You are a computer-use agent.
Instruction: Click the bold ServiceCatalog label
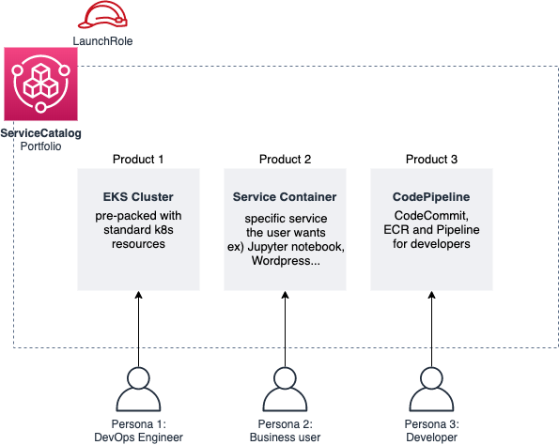41,133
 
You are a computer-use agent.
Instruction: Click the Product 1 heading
138,159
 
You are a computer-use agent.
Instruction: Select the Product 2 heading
285,159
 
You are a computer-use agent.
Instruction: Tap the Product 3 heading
431,159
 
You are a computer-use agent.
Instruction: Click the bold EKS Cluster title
138,197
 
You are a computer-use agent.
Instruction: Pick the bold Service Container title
285,197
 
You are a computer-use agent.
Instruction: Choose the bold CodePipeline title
431,197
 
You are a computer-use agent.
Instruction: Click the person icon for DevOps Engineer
138,386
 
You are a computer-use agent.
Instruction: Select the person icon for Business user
285,386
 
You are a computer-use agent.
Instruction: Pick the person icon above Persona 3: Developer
431,386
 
